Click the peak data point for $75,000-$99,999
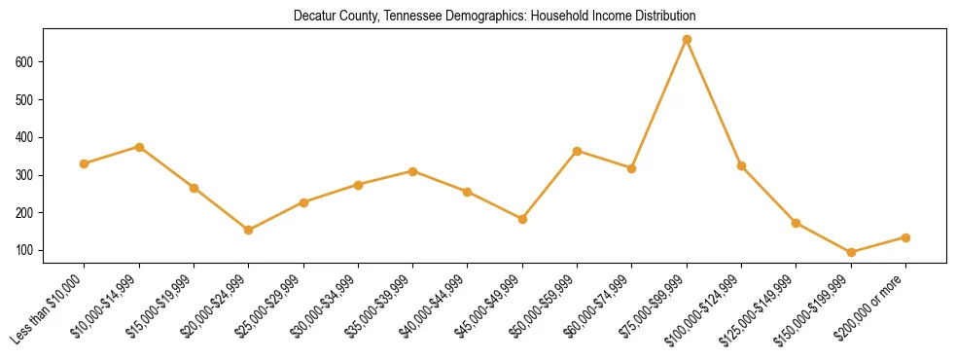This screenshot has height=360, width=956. (x=687, y=40)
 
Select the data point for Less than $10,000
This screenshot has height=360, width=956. (x=85, y=163)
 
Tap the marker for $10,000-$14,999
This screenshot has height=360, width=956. (x=139, y=147)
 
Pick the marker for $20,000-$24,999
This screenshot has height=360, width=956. (x=249, y=231)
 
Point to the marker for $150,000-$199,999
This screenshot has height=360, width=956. (x=851, y=252)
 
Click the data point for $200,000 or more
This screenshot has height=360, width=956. (x=905, y=237)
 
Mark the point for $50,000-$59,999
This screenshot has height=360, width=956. (x=578, y=151)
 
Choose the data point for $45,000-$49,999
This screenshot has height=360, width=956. (x=522, y=219)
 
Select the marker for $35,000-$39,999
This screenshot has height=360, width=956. (x=413, y=171)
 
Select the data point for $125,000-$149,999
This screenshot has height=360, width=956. (x=796, y=223)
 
